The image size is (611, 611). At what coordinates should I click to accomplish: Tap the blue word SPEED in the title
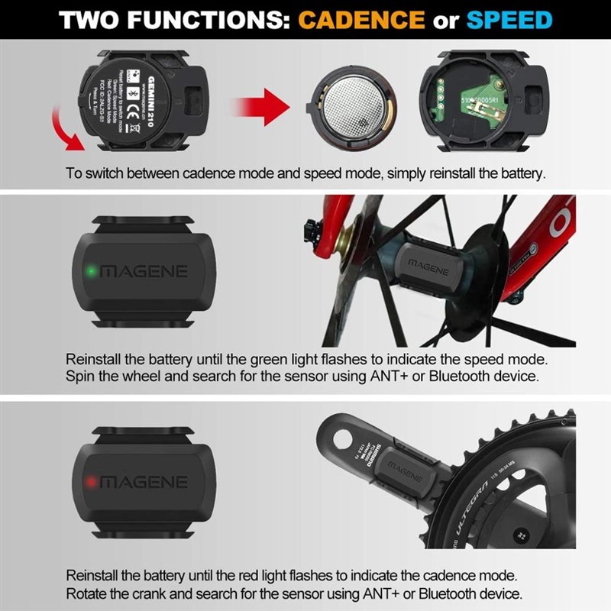pyautogui.click(x=509, y=19)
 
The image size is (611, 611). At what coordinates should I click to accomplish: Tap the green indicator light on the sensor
pyautogui.click(x=90, y=271)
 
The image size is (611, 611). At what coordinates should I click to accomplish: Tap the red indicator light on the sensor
pyautogui.click(x=90, y=482)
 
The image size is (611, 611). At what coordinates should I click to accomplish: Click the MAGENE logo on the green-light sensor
pyautogui.click(x=144, y=272)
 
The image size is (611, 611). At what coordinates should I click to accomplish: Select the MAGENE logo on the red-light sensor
pyautogui.click(x=144, y=482)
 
